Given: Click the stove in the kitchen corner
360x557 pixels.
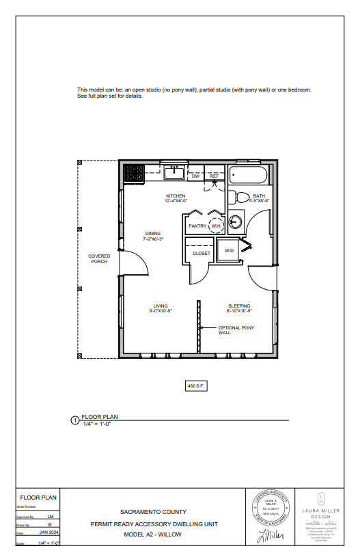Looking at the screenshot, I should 132,174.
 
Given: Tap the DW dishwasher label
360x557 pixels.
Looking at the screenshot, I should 195,176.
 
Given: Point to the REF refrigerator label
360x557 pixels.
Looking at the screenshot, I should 214,176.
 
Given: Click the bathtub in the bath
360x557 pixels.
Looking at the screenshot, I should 249,175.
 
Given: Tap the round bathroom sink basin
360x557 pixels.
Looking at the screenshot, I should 236,221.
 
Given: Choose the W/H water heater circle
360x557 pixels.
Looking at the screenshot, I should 216,226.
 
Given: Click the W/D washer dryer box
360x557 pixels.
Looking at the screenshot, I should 229,251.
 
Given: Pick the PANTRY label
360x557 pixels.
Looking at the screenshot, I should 197,226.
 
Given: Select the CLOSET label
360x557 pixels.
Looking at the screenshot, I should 202,253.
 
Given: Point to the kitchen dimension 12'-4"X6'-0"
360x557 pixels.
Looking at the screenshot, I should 176,202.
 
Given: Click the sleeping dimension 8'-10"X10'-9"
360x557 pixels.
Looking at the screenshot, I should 239,311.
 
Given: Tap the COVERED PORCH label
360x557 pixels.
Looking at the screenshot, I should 99,259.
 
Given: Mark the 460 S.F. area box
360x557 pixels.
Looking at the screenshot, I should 197,386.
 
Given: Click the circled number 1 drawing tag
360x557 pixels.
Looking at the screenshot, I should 75,421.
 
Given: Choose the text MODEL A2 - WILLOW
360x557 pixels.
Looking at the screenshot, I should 153,534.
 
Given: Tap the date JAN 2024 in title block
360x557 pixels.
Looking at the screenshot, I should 49,532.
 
